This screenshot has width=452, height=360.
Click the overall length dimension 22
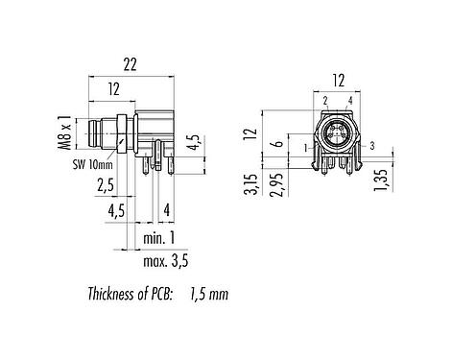point(131,64)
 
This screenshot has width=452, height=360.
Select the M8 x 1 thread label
point(65,132)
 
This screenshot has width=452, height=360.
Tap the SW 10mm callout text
point(93,165)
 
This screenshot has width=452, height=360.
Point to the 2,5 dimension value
point(106,185)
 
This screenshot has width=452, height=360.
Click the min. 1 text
point(159,238)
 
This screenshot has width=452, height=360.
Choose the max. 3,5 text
point(166,261)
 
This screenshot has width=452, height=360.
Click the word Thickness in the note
point(111,294)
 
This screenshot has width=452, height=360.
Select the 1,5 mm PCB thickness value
point(209,294)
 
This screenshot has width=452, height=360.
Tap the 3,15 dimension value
point(250,184)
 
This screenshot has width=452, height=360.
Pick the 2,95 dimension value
point(276,185)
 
